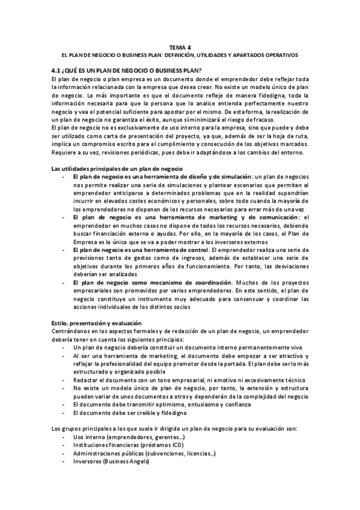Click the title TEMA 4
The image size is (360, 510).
point(180,46)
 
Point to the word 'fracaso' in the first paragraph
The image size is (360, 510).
point(252,120)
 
